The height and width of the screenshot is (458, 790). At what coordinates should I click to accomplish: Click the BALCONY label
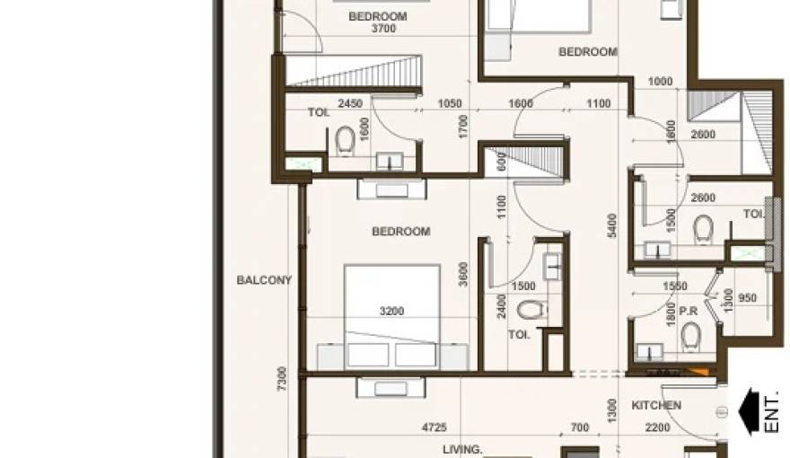click(x=264, y=280)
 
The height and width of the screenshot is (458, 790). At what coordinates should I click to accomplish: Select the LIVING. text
click(x=462, y=448)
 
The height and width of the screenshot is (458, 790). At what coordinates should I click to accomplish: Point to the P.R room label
click(x=689, y=311)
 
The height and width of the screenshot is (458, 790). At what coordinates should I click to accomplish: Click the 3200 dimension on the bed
click(x=391, y=312)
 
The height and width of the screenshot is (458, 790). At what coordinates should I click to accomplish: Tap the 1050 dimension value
click(x=449, y=104)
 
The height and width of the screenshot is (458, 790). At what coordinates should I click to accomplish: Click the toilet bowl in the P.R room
click(x=690, y=337)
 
